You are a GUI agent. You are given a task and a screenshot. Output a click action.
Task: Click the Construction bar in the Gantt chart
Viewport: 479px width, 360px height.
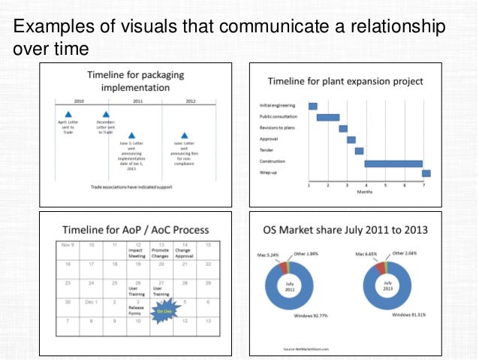[x=393, y=163]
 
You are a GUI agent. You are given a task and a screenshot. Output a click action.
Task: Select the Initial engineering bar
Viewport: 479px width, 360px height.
[x=313, y=106]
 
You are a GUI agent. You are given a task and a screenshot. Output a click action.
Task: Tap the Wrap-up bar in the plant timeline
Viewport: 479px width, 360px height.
[x=426, y=174]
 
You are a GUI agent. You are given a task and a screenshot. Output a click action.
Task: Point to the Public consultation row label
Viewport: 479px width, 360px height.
[x=278, y=117]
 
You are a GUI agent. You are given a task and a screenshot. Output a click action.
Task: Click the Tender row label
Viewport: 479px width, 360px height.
[x=267, y=150]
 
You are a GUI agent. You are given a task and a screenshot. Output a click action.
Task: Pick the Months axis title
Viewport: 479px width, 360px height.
[x=365, y=192]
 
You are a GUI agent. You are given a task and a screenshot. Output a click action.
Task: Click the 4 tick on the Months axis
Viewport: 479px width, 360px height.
[x=366, y=185]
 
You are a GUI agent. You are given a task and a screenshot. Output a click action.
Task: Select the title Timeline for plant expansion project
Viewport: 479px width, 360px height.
[x=345, y=81]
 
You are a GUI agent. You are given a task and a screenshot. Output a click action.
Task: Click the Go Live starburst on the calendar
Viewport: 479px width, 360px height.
[x=161, y=310]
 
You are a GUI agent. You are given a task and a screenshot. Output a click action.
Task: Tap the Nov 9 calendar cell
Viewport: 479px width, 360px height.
[x=67, y=245]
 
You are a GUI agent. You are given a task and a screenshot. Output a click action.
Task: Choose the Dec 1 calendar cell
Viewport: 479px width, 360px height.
[x=91, y=302]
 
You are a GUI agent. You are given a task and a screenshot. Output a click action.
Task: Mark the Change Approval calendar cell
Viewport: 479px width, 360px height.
[x=183, y=250]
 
